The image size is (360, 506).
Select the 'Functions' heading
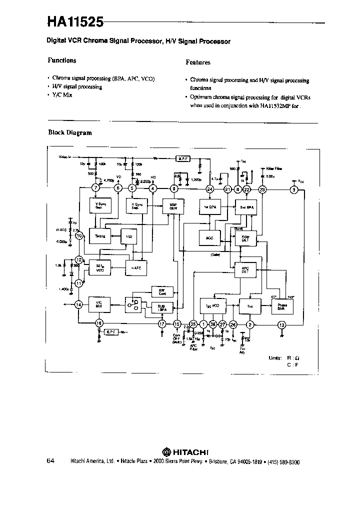tap(62, 60)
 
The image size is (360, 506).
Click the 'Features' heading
tap(198, 62)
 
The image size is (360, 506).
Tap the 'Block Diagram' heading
tap(70, 133)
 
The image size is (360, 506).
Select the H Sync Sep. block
tap(135, 205)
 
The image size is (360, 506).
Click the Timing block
tap(100, 235)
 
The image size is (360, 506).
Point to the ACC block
tap(210, 238)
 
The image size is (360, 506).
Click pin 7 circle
tap(95, 188)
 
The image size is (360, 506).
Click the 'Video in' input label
tap(65, 157)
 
